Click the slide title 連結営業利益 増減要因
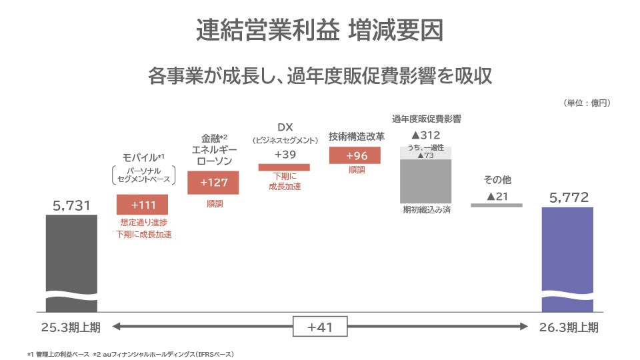(320, 30)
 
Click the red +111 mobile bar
(142, 204)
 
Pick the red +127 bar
(213, 183)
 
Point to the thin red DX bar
(284, 167)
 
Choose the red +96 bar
(355, 155)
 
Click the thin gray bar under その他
(497, 205)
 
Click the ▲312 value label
(425, 135)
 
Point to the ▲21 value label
(497, 196)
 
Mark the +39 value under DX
(285, 154)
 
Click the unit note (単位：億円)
(587, 103)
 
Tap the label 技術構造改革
(356, 137)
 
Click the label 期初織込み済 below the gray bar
(425, 210)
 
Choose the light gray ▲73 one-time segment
(425, 153)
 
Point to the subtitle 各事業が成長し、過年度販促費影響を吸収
(320, 75)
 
